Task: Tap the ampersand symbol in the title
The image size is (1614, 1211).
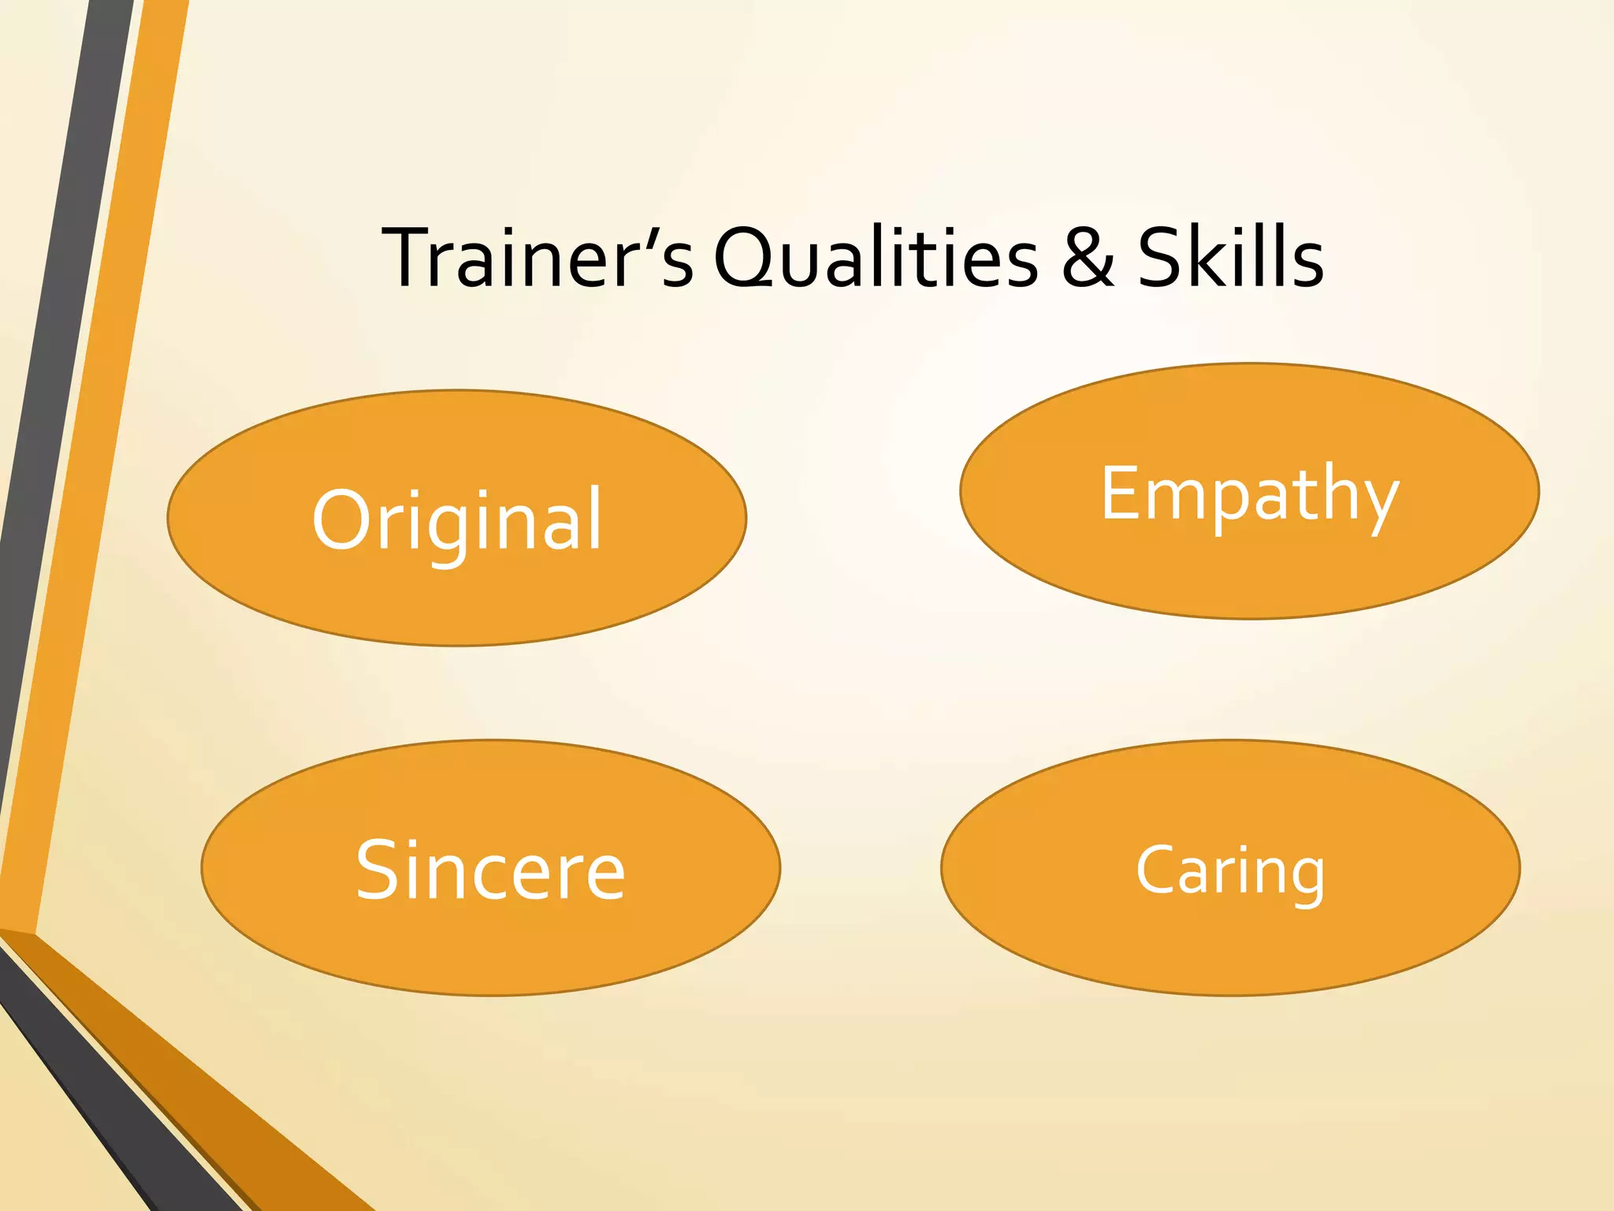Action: pos(1088,257)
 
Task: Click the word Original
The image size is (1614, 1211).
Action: pos(457,520)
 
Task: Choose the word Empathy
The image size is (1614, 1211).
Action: pos(1250,495)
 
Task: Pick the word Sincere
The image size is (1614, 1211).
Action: pos(490,870)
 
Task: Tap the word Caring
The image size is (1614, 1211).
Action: pos(1230,870)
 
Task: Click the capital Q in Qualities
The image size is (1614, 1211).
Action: pos(744,259)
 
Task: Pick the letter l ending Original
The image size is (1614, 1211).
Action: pos(595,516)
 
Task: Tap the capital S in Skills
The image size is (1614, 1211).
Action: pos(1162,257)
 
